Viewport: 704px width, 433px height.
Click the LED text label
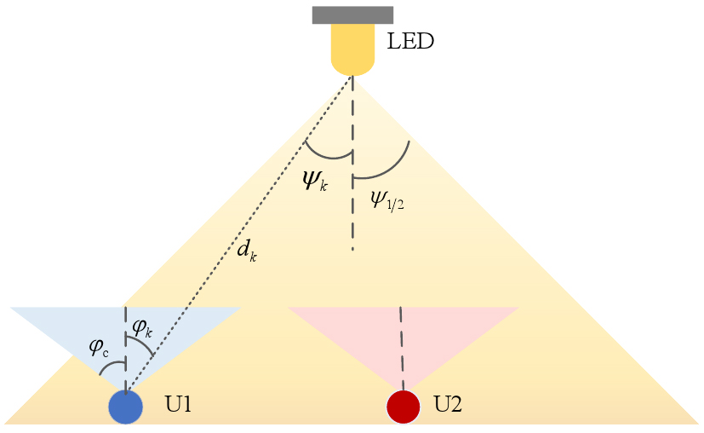tap(410, 41)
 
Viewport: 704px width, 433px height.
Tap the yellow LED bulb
tap(352, 49)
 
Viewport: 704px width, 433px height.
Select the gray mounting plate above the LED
tap(353, 14)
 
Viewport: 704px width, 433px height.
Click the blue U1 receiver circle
tap(126, 407)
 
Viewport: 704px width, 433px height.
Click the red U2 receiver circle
tap(404, 407)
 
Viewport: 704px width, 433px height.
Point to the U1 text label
tap(179, 405)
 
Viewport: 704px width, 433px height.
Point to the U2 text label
tap(448, 404)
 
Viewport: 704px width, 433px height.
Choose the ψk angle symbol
tap(315, 182)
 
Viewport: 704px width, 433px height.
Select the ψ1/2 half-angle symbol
tap(387, 199)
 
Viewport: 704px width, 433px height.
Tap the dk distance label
tap(247, 251)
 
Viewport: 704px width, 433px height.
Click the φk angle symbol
tap(142, 330)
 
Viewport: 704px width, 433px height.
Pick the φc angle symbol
tap(99, 348)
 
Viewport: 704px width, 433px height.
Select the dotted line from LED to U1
tap(238, 234)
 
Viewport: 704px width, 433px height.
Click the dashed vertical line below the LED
tap(352, 163)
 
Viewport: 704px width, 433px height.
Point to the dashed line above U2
tap(402, 349)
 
